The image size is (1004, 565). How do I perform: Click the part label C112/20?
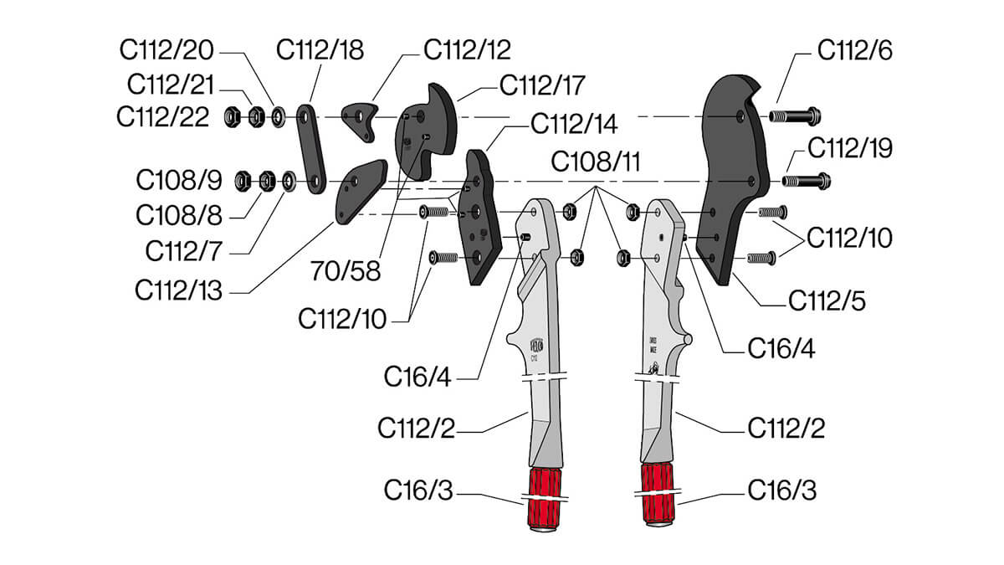click(x=167, y=50)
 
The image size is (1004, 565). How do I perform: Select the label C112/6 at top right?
click(x=854, y=50)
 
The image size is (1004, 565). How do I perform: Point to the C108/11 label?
click(x=595, y=162)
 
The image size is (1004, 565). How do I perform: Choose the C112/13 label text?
click(x=178, y=290)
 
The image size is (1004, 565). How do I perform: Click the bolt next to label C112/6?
click(x=796, y=114)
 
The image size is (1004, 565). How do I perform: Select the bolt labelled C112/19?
click(x=805, y=179)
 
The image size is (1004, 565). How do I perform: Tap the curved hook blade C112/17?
click(x=424, y=134)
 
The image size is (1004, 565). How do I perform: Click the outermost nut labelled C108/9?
click(x=241, y=179)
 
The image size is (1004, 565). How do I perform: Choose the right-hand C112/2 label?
click(x=786, y=429)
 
